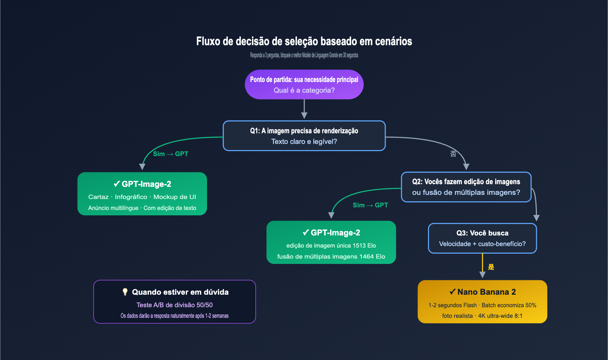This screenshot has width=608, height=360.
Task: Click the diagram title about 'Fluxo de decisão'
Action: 304,41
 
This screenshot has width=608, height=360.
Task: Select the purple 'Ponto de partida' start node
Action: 304,84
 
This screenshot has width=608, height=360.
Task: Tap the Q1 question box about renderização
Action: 304,136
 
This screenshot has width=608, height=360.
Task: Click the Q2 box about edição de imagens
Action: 466,187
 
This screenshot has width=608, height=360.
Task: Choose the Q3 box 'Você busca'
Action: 482,238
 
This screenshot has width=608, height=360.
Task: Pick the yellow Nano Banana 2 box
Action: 482,302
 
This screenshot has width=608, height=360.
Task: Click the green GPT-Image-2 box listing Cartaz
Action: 142,194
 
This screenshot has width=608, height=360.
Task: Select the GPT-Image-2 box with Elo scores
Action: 331,242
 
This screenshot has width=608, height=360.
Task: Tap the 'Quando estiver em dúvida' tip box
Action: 174,302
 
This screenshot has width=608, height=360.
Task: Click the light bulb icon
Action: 125,292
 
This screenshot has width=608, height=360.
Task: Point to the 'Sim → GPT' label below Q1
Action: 170,154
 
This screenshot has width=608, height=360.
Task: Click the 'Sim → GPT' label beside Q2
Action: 370,205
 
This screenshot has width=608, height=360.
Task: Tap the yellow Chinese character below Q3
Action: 491,267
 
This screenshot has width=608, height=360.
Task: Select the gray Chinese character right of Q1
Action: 453,154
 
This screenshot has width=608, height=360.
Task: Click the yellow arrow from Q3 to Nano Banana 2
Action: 482,266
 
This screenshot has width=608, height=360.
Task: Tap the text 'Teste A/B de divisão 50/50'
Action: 174,305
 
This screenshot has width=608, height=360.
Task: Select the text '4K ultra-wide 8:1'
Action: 500,316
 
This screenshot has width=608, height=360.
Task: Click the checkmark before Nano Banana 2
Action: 452,292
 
